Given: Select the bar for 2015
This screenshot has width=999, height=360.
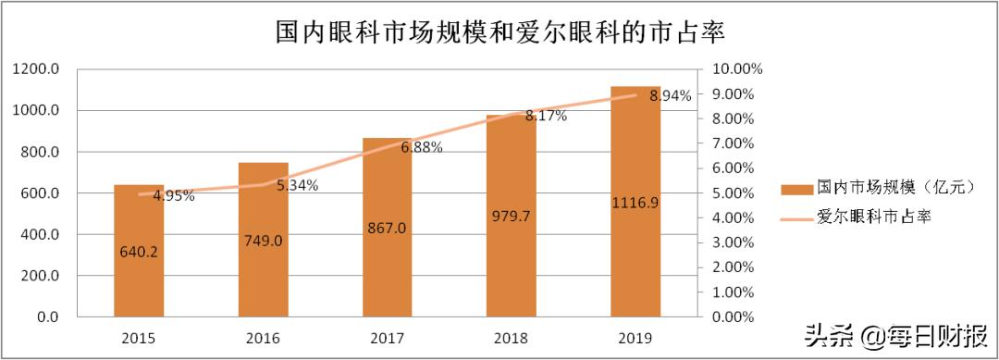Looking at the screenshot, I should pos(139,268).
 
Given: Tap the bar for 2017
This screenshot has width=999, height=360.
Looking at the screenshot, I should pos(387,259).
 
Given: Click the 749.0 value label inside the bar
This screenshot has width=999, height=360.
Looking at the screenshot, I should pos(263,241).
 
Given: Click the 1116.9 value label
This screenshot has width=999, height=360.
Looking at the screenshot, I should pos(635,203).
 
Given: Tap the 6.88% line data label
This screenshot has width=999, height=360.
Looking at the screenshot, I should pos(422,147).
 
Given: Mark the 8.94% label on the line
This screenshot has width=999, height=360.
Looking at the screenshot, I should pos(670,96).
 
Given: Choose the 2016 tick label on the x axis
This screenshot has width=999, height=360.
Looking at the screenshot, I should pos(263,338).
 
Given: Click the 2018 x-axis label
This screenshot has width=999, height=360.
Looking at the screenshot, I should pos(511,338).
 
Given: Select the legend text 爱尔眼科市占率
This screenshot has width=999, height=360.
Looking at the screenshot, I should pos(872,217).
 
